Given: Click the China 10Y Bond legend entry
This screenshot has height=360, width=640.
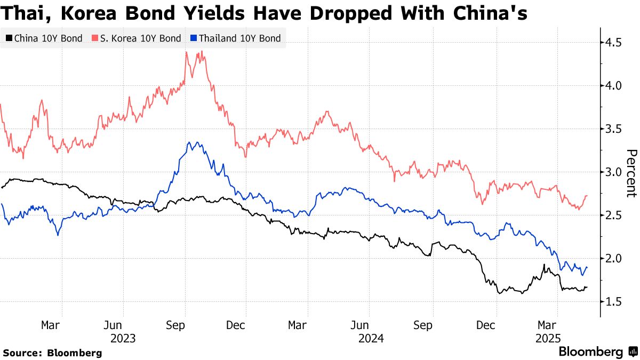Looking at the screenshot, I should (x=44, y=38).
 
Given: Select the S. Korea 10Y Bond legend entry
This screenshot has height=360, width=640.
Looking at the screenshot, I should (x=137, y=38).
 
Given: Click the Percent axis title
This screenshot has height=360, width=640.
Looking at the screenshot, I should (x=631, y=173).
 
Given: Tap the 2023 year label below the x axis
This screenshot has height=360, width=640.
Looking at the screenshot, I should (x=123, y=338).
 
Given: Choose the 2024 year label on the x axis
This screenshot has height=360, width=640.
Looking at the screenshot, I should (x=370, y=338).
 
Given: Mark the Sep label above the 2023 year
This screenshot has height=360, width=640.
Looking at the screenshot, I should (x=185, y=324).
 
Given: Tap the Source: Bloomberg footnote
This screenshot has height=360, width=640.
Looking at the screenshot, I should (x=52, y=353).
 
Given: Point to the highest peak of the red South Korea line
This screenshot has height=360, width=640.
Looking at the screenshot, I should (x=186, y=52).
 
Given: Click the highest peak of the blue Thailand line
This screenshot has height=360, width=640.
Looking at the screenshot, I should (x=188, y=142).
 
